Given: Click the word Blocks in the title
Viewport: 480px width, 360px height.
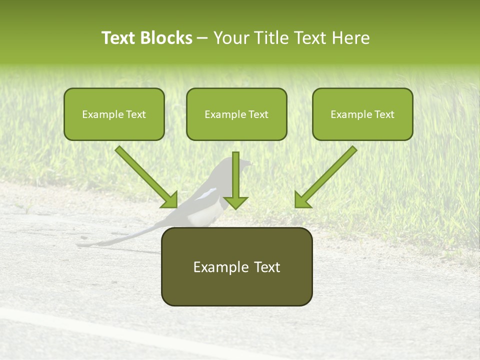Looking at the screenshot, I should pos(166,38).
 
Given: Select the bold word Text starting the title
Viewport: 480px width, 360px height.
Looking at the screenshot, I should pos(119,38).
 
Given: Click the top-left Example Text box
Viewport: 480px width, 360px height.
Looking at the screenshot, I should pos(114,114).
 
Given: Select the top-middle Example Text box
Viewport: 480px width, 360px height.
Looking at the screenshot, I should pos(236,114).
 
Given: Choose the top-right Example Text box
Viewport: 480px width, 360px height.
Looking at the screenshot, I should pos(362,114).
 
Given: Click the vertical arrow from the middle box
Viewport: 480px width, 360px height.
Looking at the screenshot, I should pos(235,175).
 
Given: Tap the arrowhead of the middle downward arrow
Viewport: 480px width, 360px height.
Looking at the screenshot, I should pos(235,202).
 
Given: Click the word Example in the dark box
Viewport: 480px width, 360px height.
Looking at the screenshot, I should pos(212,267).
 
